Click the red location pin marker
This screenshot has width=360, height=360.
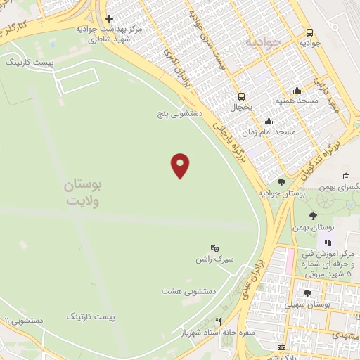point(181,165)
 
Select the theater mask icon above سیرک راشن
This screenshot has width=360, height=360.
point(215,248)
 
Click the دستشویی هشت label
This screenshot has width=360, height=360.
point(188,290)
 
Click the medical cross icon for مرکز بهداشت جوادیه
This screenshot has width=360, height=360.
point(109,18)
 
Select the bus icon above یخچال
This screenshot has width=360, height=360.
point(242,96)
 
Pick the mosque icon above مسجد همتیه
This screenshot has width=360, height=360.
point(297,89)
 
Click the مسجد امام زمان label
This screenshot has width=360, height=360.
point(269,132)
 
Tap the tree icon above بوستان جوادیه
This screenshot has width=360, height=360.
point(281,181)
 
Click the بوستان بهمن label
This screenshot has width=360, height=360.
point(333,228)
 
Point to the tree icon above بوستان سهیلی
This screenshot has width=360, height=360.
point(307,293)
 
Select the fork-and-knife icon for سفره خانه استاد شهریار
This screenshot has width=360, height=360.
point(219,321)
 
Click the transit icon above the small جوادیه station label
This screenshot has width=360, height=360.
point(309,32)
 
